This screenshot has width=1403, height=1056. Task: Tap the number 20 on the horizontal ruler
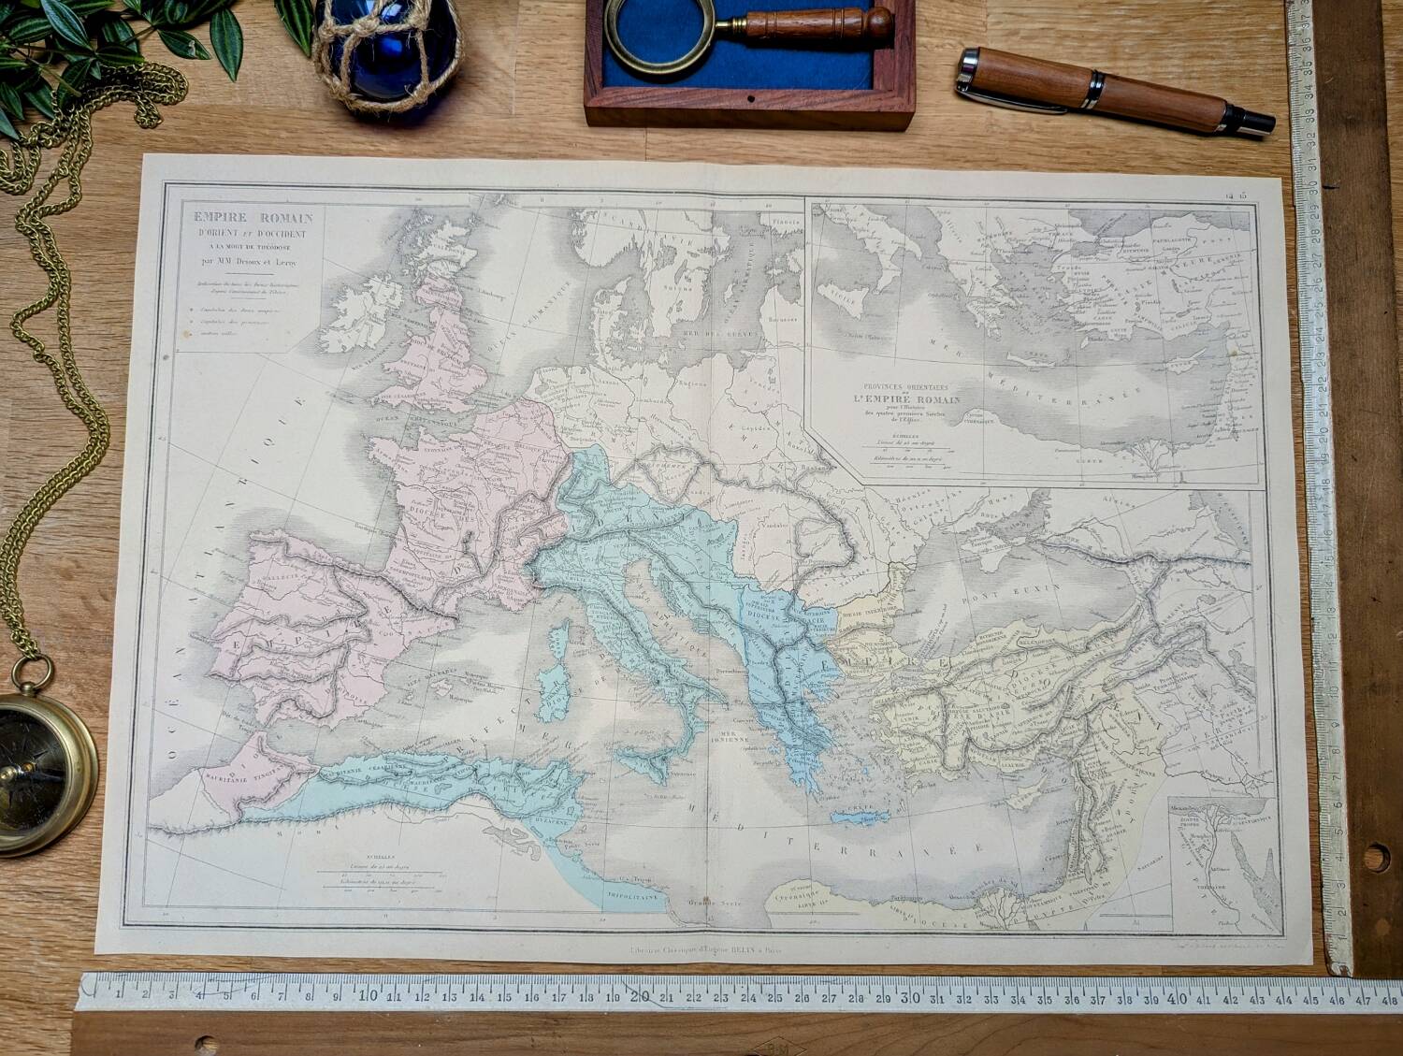point(638,997)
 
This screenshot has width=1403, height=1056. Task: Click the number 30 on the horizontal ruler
point(908,997)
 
